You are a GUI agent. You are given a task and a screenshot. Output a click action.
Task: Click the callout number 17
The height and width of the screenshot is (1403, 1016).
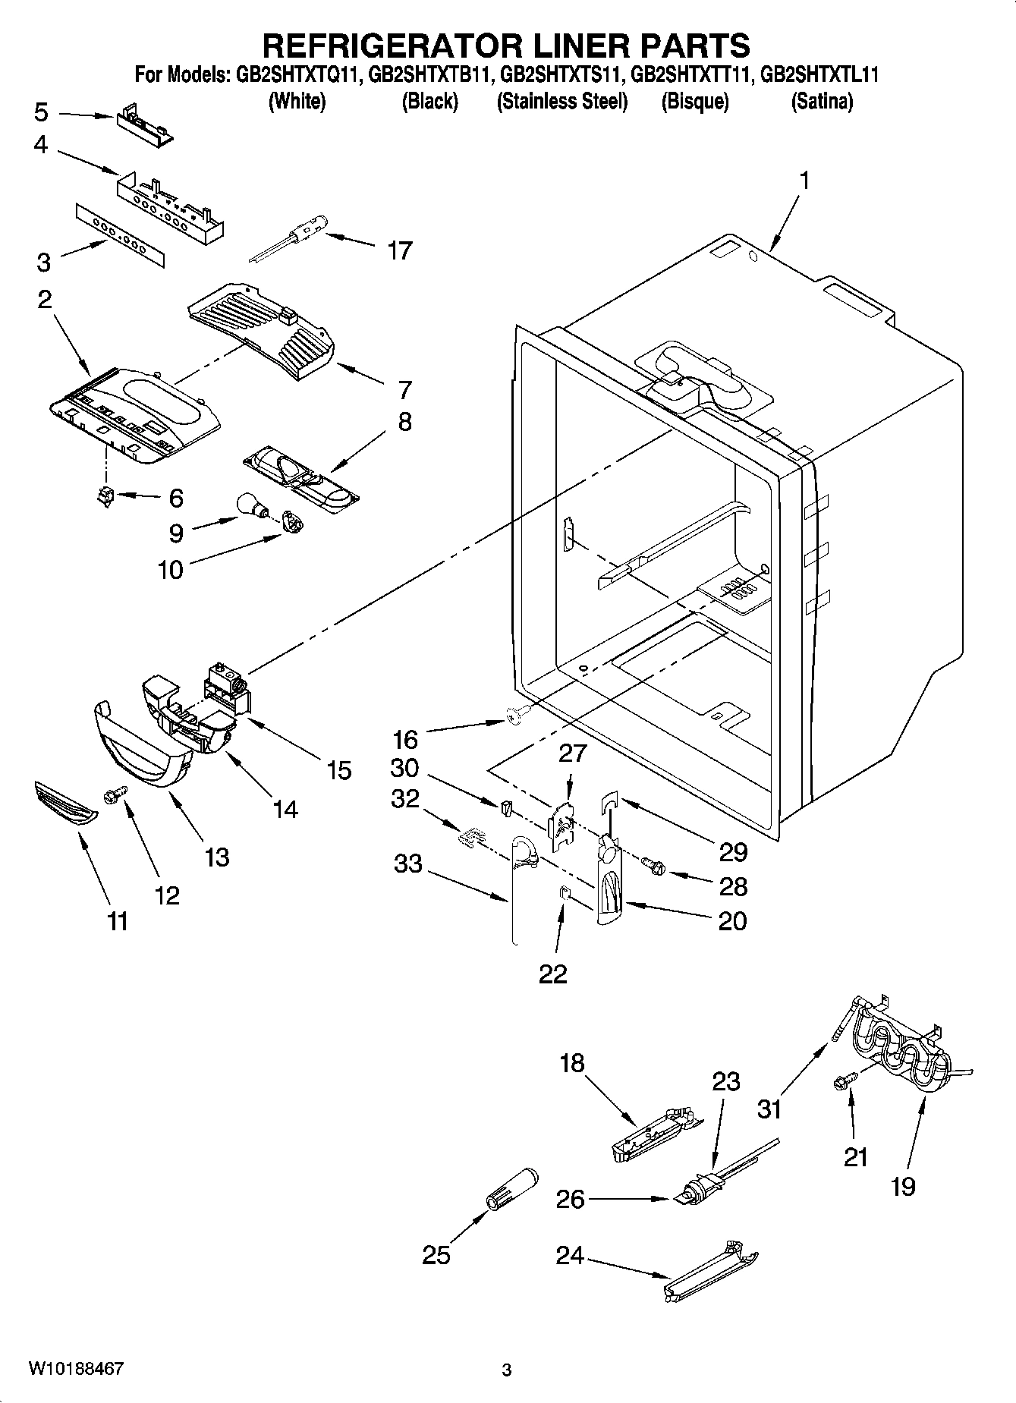[x=399, y=250]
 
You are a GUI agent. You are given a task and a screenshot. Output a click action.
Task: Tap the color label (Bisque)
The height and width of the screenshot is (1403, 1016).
[x=694, y=101]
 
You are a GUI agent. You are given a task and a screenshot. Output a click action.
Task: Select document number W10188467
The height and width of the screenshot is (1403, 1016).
[x=76, y=1368]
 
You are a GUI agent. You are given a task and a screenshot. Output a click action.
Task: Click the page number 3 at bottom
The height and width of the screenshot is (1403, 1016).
[x=507, y=1370]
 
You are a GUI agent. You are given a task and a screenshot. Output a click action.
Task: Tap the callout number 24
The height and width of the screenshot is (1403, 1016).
[x=569, y=1256]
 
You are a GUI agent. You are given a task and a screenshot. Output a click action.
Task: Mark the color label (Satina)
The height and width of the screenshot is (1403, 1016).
[x=822, y=101]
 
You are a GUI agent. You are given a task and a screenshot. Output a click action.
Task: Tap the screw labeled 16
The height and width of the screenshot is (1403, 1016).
[x=514, y=713]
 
